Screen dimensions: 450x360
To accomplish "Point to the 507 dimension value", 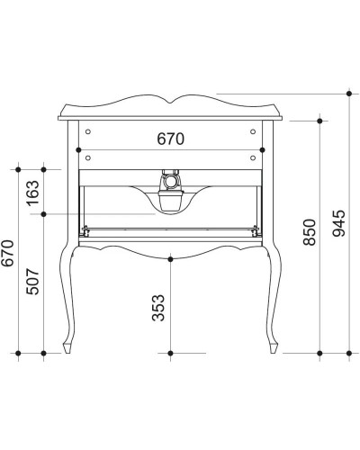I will pos(35,282).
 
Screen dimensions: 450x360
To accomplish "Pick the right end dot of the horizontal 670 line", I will pos(261,148).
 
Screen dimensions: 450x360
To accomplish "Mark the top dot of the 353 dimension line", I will pos(171,259).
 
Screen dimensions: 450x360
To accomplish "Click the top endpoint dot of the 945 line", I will pos(348,92).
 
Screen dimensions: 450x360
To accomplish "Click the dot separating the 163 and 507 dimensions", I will pos(44,214).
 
